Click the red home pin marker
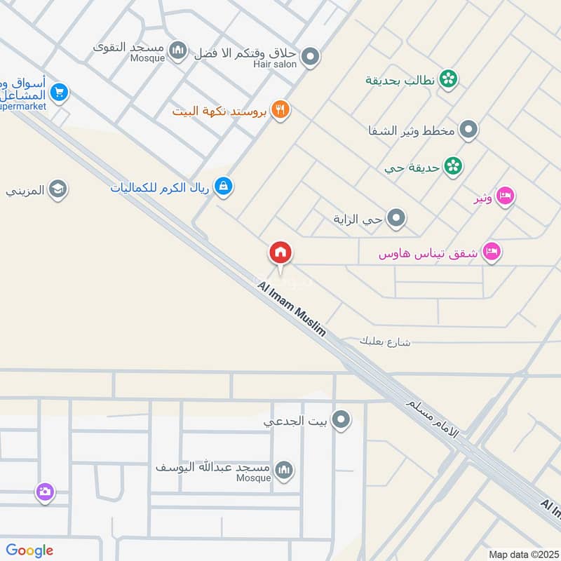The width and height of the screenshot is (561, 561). pos(280,253)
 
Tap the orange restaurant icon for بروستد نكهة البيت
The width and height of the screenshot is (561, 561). pos(280,110)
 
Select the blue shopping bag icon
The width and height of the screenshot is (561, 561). pos(224,187)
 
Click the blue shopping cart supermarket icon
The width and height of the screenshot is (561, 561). pos(59,93)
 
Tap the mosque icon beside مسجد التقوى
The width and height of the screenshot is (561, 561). pos(178,49)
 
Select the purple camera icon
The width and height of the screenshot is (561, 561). pos(45,492)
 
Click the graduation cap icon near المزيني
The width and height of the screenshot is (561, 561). pos(58,189)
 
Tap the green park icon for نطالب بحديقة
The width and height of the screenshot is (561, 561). pos(448,79)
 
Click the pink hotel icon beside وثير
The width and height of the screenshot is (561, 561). pos(504,198)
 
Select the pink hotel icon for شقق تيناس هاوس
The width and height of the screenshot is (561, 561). pos(492,252)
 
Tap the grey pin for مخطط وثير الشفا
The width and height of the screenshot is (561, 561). pos(468,130)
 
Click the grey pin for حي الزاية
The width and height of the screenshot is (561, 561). pos(397,219)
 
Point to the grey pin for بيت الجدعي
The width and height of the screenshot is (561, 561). pos(342,421)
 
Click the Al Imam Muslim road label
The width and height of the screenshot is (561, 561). pos(292,309)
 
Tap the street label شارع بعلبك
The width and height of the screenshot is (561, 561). pos(384,342)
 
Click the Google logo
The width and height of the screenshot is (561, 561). pos(29,550)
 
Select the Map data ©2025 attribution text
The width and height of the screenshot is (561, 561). pos(523,554)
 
